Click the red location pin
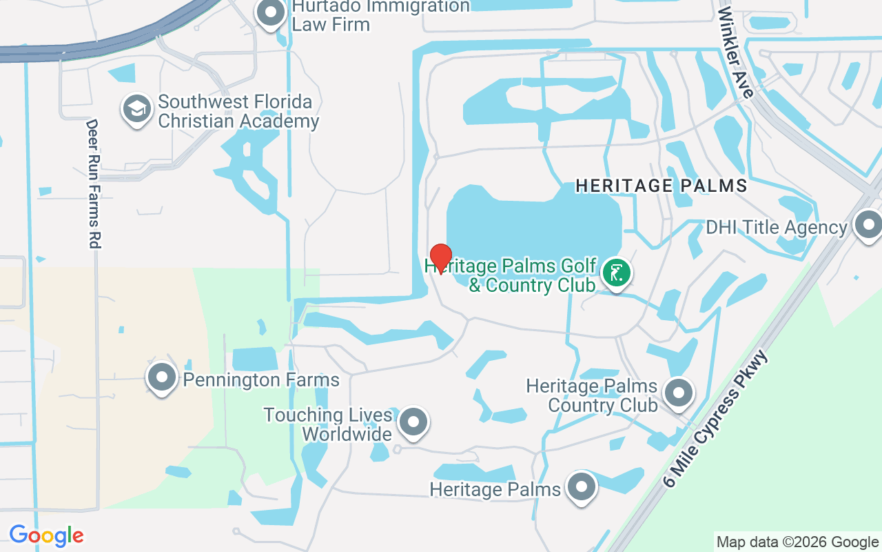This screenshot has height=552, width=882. point(440,257)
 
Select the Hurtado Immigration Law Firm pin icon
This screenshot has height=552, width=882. point(271,14)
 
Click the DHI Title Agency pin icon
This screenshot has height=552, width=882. point(868,226)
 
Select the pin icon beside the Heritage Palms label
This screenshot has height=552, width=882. point(581,487)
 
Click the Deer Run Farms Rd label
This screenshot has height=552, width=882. point(93,184)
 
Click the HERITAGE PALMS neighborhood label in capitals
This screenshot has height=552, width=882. point(661,186)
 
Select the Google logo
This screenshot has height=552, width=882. point(46,535)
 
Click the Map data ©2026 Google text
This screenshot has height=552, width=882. point(797,542)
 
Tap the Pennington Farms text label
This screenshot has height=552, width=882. point(261,379)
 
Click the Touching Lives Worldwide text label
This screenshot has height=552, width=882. point(328,424)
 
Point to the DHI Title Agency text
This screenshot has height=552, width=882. point(776,228)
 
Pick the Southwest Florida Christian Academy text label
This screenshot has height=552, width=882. point(238,111)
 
